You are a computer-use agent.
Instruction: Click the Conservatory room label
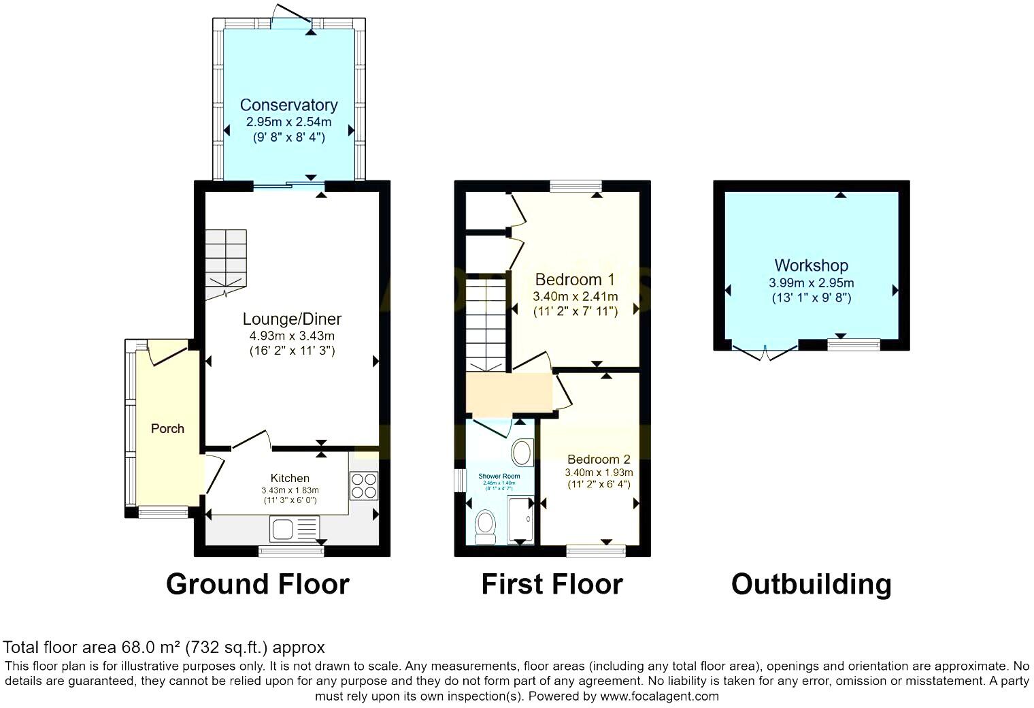(x=288, y=105)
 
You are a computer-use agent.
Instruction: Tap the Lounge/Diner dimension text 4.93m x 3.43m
(x=292, y=336)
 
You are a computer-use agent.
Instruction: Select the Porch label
(x=167, y=428)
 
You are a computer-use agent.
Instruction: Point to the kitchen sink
(x=294, y=528)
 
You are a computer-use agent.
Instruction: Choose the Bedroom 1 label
(x=575, y=279)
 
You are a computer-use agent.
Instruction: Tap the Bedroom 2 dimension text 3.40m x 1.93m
(x=599, y=472)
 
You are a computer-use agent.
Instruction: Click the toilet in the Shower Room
(x=485, y=526)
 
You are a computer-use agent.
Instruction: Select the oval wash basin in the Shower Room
(x=522, y=452)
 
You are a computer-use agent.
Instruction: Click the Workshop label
(x=811, y=265)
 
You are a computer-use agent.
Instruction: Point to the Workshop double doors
(x=765, y=352)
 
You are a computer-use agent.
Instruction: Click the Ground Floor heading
(x=257, y=584)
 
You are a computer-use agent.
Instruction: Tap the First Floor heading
(x=552, y=584)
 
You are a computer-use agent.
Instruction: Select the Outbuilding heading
(x=811, y=584)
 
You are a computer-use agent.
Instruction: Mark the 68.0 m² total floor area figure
(x=151, y=647)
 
